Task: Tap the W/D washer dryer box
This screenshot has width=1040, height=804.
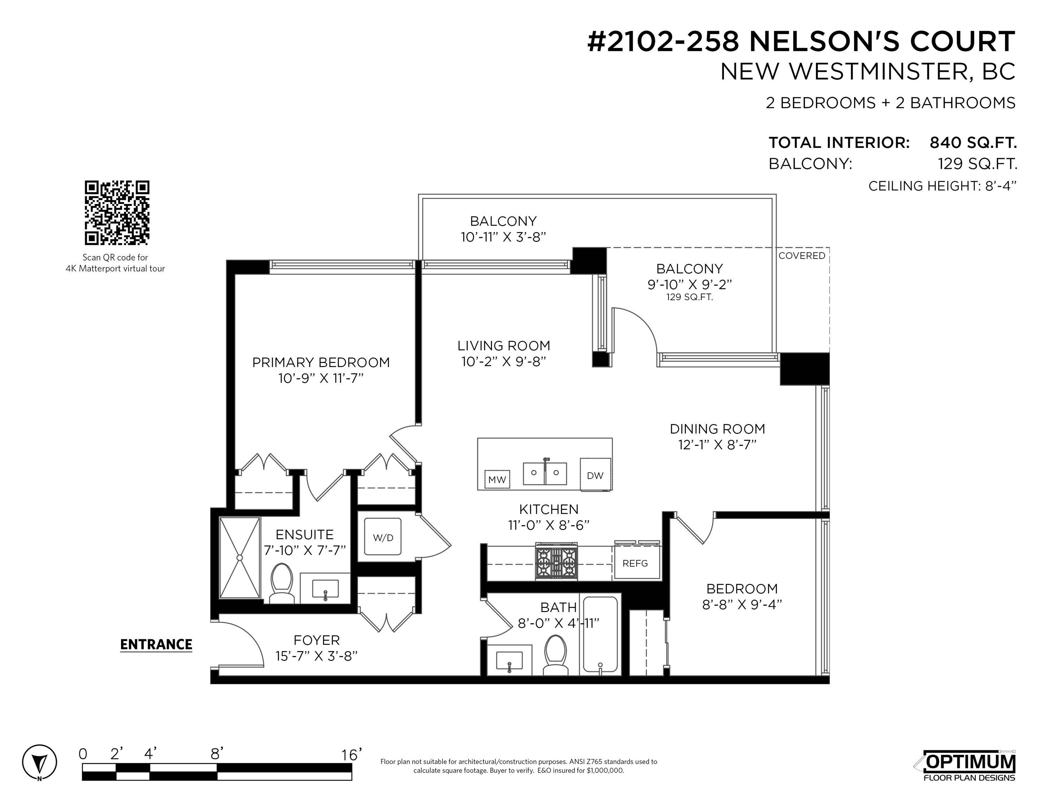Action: pos(383,537)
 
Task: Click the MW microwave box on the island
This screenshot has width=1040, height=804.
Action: pos(497,479)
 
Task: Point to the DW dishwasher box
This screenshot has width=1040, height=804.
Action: pos(595,475)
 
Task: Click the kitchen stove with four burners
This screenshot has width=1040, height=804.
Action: pos(556,562)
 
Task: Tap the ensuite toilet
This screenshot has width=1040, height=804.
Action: pos(282,584)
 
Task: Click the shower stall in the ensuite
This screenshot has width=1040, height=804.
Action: pos(240,557)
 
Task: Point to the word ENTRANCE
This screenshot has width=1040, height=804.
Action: pos(156,645)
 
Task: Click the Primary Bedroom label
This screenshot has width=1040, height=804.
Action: pos(321,363)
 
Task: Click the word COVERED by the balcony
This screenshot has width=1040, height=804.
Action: pos(802,256)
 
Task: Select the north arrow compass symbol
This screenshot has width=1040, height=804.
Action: pos(39,762)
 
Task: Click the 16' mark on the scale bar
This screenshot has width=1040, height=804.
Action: pos(351,754)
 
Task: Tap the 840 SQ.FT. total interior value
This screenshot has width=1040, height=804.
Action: pos(973,142)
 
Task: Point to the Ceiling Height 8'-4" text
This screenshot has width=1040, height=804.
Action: pos(942,186)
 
